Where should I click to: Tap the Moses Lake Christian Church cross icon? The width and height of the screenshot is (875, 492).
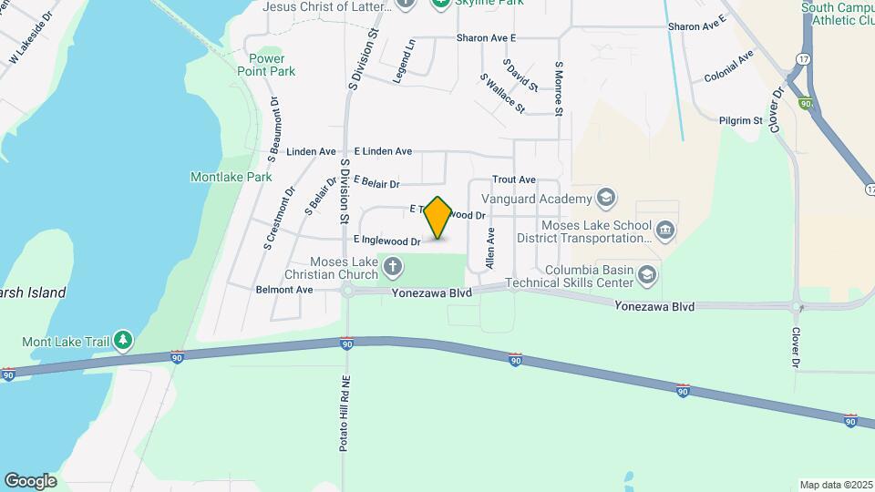pos(393,267)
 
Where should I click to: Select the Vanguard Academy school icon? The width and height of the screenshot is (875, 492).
pos(605,198)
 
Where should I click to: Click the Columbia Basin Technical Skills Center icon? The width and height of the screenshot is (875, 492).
pos(647,274)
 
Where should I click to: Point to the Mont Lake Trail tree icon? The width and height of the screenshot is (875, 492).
pos(123,341)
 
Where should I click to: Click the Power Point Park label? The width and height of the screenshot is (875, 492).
pos(266,65)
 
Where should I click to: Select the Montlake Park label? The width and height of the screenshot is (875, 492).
pos(232,177)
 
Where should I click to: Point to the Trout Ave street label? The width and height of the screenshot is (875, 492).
pos(513,180)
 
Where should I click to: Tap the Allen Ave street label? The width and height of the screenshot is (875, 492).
pos(490,248)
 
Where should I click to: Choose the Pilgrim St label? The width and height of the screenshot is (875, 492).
pos(739,120)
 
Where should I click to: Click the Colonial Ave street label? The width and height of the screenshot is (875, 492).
pos(729,67)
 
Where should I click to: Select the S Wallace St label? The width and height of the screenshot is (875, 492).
pos(502,94)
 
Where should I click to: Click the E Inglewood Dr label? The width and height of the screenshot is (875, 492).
pos(386,241)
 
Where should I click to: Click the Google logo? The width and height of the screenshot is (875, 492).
pos(30,480)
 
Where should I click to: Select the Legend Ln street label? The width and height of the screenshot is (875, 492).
pos(404,62)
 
